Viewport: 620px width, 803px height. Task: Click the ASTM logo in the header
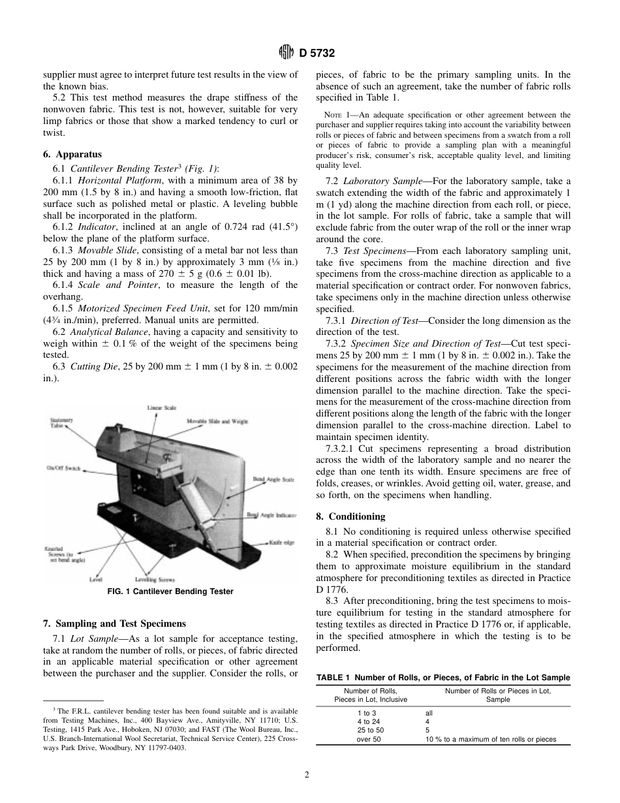(285, 52)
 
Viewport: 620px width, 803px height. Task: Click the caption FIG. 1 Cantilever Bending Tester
(170, 591)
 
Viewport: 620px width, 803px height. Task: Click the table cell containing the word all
(429, 713)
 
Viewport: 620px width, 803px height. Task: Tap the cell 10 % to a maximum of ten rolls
(490, 739)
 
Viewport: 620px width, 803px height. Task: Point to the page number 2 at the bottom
(306, 775)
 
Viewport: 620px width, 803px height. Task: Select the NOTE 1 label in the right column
(336, 115)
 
